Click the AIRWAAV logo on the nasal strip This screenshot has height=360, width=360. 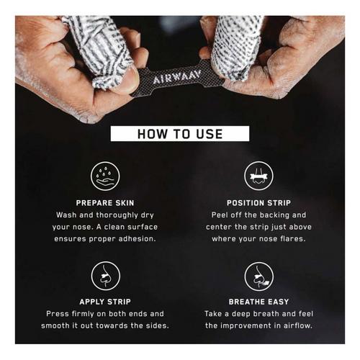click(x=177, y=77)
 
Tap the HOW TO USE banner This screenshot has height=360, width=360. click(x=180, y=134)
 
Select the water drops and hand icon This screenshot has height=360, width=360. click(x=105, y=176)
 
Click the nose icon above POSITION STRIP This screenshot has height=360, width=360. click(x=258, y=176)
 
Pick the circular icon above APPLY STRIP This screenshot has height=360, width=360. click(x=106, y=276)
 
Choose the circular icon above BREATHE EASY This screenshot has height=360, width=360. click(x=258, y=276)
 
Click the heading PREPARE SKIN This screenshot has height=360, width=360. click(x=105, y=203)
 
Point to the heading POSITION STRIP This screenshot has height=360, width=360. click(x=258, y=203)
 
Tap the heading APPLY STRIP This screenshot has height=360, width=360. click(x=105, y=302)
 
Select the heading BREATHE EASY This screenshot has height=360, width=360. click(x=258, y=302)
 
